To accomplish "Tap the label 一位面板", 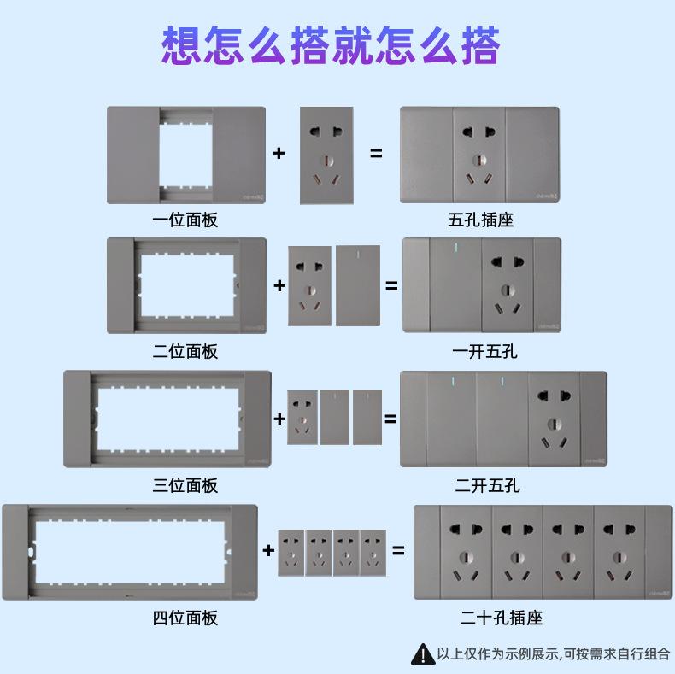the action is pos(185,220).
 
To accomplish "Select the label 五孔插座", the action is pos(481,220).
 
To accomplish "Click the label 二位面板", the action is pos(185,351).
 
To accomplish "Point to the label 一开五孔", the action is pos(484,351).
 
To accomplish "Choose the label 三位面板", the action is pos(185,485).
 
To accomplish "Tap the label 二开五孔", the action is pos(487,485).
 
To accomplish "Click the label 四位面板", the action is pos(185,618).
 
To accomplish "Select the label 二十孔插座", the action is pos(502,618).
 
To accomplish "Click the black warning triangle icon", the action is pos(423,654).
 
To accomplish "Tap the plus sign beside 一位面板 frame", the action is pos(279,154).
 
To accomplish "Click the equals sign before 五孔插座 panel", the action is pos(376,154).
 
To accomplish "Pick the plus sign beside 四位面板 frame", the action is pos(268,550).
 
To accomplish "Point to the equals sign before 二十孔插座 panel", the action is pos(398,550).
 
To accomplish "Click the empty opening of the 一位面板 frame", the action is pos(185,154).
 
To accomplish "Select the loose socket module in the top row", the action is pos(326,155).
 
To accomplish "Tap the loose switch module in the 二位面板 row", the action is pos(358,285).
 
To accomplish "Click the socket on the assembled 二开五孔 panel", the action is pos(554,419).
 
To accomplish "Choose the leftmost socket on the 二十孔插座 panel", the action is pos(466,552).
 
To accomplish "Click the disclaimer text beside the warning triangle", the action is pos(554,654).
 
